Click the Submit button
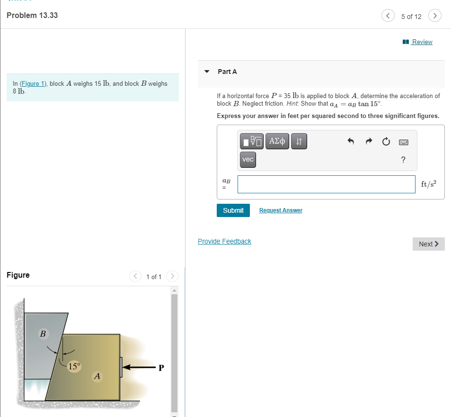point(233,210)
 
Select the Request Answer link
point(281,210)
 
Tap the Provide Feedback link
point(224,241)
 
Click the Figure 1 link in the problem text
point(32,83)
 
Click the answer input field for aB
point(326,184)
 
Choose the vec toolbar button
point(248,159)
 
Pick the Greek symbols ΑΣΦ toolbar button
point(277,141)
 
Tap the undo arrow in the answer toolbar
point(351,141)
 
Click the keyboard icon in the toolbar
point(403,142)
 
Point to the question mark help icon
point(403,160)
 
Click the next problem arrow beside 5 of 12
point(434,16)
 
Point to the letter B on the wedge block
point(43,334)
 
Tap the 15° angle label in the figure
point(74,366)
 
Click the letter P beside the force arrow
point(161,367)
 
